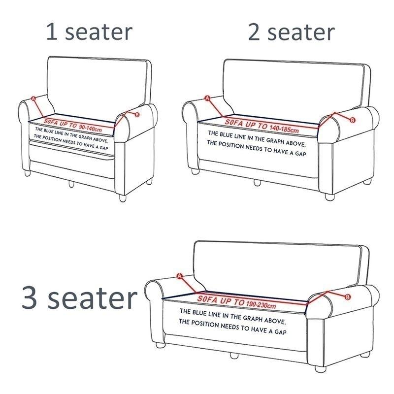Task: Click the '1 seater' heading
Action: (x=89, y=32)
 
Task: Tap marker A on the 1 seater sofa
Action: (x=34, y=98)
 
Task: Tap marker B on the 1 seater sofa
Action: (x=136, y=115)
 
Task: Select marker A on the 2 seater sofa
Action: (x=207, y=98)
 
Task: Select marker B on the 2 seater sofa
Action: (x=353, y=120)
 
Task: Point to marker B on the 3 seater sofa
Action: (x=348, y=296)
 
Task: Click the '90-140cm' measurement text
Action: (x=90, y=129)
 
